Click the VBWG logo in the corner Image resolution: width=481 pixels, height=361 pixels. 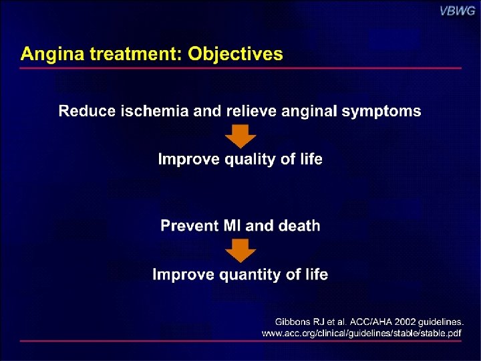pyautogui.click(x=456, y=11)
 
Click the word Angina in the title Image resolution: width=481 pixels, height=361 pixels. pyautogui.click(x=47, y=54)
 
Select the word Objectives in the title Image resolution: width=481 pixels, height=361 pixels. pyautogui.click(x=235, y=54)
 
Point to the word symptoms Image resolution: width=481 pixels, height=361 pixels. pyautogui.click(x=381, y=111)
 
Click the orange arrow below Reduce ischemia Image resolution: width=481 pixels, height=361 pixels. pyautogui.click(x=240, y=136)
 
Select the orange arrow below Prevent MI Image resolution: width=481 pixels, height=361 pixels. pyautogui.click(x=240, y=251)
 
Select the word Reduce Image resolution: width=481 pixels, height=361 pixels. pyautogui.click(x=87, y=111)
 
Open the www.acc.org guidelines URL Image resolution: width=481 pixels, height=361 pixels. pyautogui.click(x=361, y=332)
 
